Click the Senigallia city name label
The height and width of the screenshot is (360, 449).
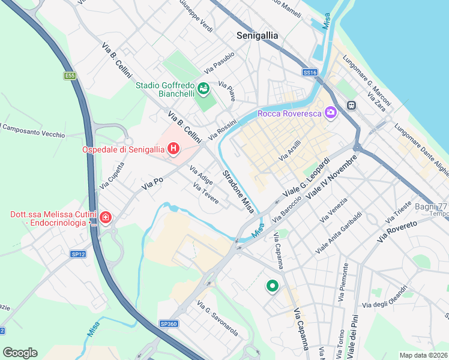point(257,35)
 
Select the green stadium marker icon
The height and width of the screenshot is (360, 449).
point(203,90)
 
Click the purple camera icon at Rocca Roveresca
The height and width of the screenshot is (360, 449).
point(330,112)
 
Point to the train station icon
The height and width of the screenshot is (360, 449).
point(352,106)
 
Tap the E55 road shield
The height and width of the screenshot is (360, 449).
point(70,76)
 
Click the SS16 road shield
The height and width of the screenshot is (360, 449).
point(309,72)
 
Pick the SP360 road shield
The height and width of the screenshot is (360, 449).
point(169,323)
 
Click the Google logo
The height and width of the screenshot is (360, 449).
point(20,352)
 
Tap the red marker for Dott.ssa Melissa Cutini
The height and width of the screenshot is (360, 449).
point(106,217)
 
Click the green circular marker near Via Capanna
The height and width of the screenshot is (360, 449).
point(272,287)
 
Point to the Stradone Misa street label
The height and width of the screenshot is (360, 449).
point(238,191)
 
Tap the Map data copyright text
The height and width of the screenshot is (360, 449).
point(424,355)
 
